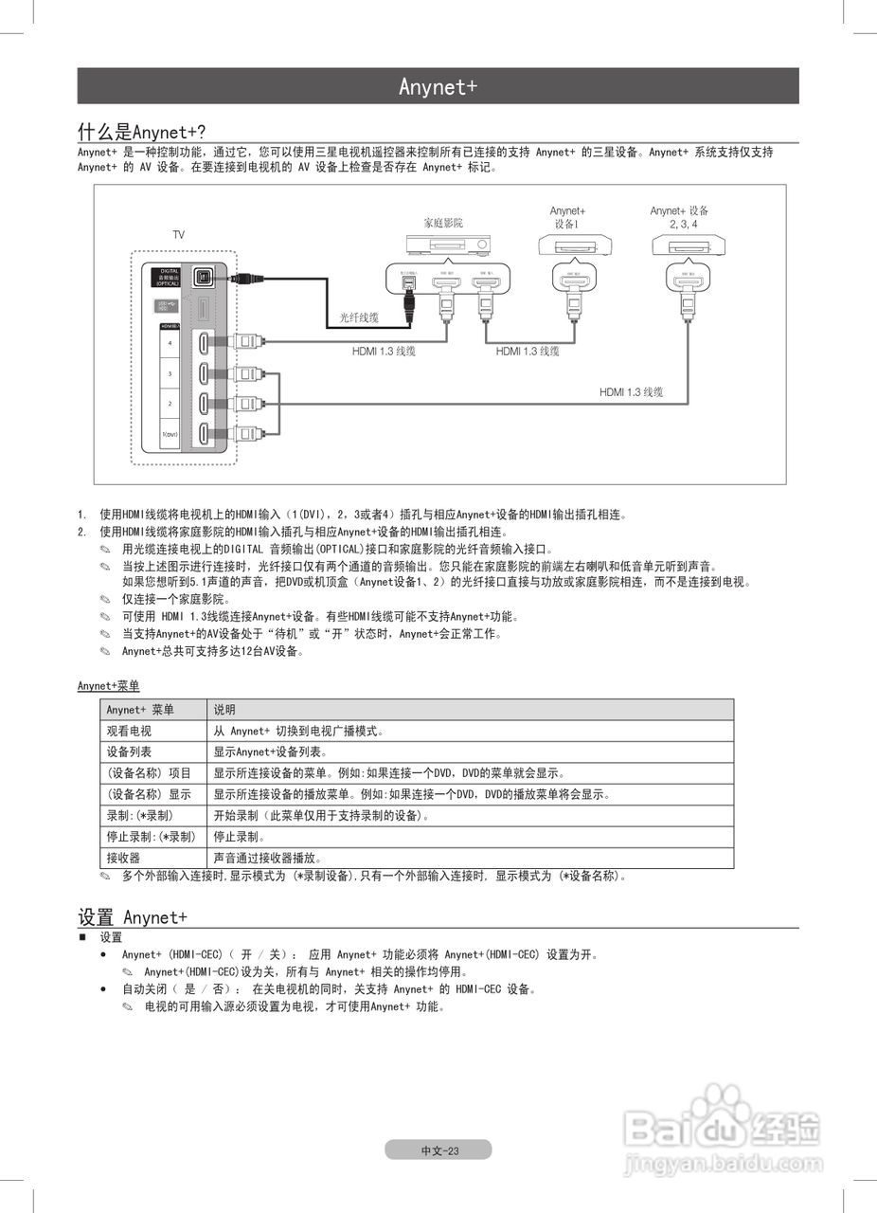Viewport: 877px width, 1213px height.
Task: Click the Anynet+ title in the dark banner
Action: (438, 87)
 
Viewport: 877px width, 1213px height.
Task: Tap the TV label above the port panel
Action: (178, 234)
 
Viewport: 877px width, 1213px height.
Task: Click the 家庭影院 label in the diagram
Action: (442, 223)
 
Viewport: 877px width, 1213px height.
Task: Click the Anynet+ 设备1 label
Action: (567, 217)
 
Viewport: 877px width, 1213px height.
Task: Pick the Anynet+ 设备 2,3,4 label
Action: (680, 217)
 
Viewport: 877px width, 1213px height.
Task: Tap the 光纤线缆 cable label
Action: (359, 318)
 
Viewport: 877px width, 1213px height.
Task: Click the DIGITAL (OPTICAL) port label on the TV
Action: (168, 277)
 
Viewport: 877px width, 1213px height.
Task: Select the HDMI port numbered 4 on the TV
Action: (205, 342)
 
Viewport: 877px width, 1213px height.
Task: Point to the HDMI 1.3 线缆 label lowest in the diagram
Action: (631, 392)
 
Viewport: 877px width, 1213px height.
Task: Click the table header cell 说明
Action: (224, 710)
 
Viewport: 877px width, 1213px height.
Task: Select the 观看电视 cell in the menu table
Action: (129, 732)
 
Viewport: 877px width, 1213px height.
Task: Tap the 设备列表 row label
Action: (129, 752)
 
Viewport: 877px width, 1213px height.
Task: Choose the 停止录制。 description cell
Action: (240, 838)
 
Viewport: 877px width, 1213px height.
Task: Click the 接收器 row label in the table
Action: (123, 859)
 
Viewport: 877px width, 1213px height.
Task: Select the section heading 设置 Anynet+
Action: (132, 917)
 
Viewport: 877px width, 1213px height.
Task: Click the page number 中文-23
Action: (438, 1150)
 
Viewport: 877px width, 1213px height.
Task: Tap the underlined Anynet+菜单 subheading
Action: (108, 686)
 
